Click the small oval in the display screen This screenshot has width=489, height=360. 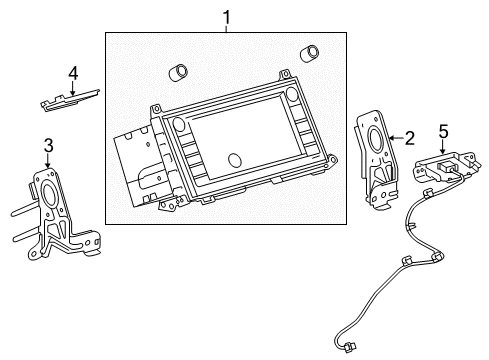click(x=236, y=160)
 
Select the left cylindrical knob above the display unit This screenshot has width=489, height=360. click(x=180, y=74)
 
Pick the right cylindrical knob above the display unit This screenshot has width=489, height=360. click(x=310, y=52)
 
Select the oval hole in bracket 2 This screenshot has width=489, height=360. click(x=376, y=138)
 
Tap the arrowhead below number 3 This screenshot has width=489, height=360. click(x=47, y=164)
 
